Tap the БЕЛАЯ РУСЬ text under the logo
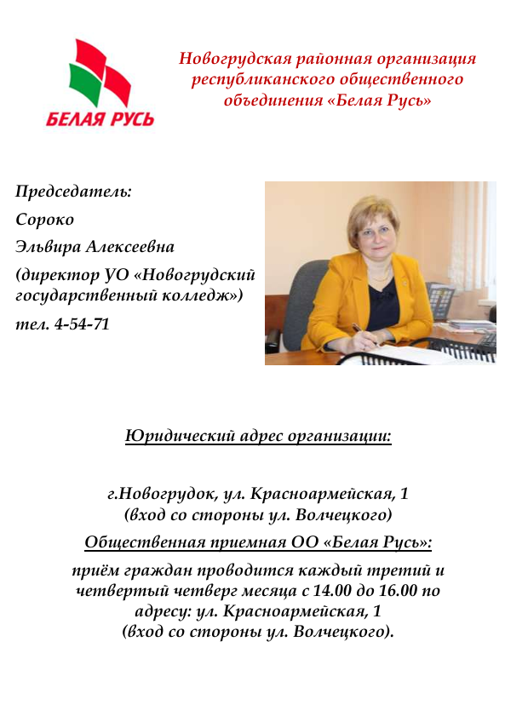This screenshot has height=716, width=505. point(100,119)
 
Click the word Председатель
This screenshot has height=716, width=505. point(73,191)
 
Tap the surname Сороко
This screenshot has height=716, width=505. point(45,219)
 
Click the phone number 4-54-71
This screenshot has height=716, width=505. point(82,324)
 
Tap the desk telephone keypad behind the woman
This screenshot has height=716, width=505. point(440,300)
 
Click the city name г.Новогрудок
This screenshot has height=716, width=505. point(158,493)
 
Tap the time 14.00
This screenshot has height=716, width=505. point(341,590)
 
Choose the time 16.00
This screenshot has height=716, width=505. point(404,590)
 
